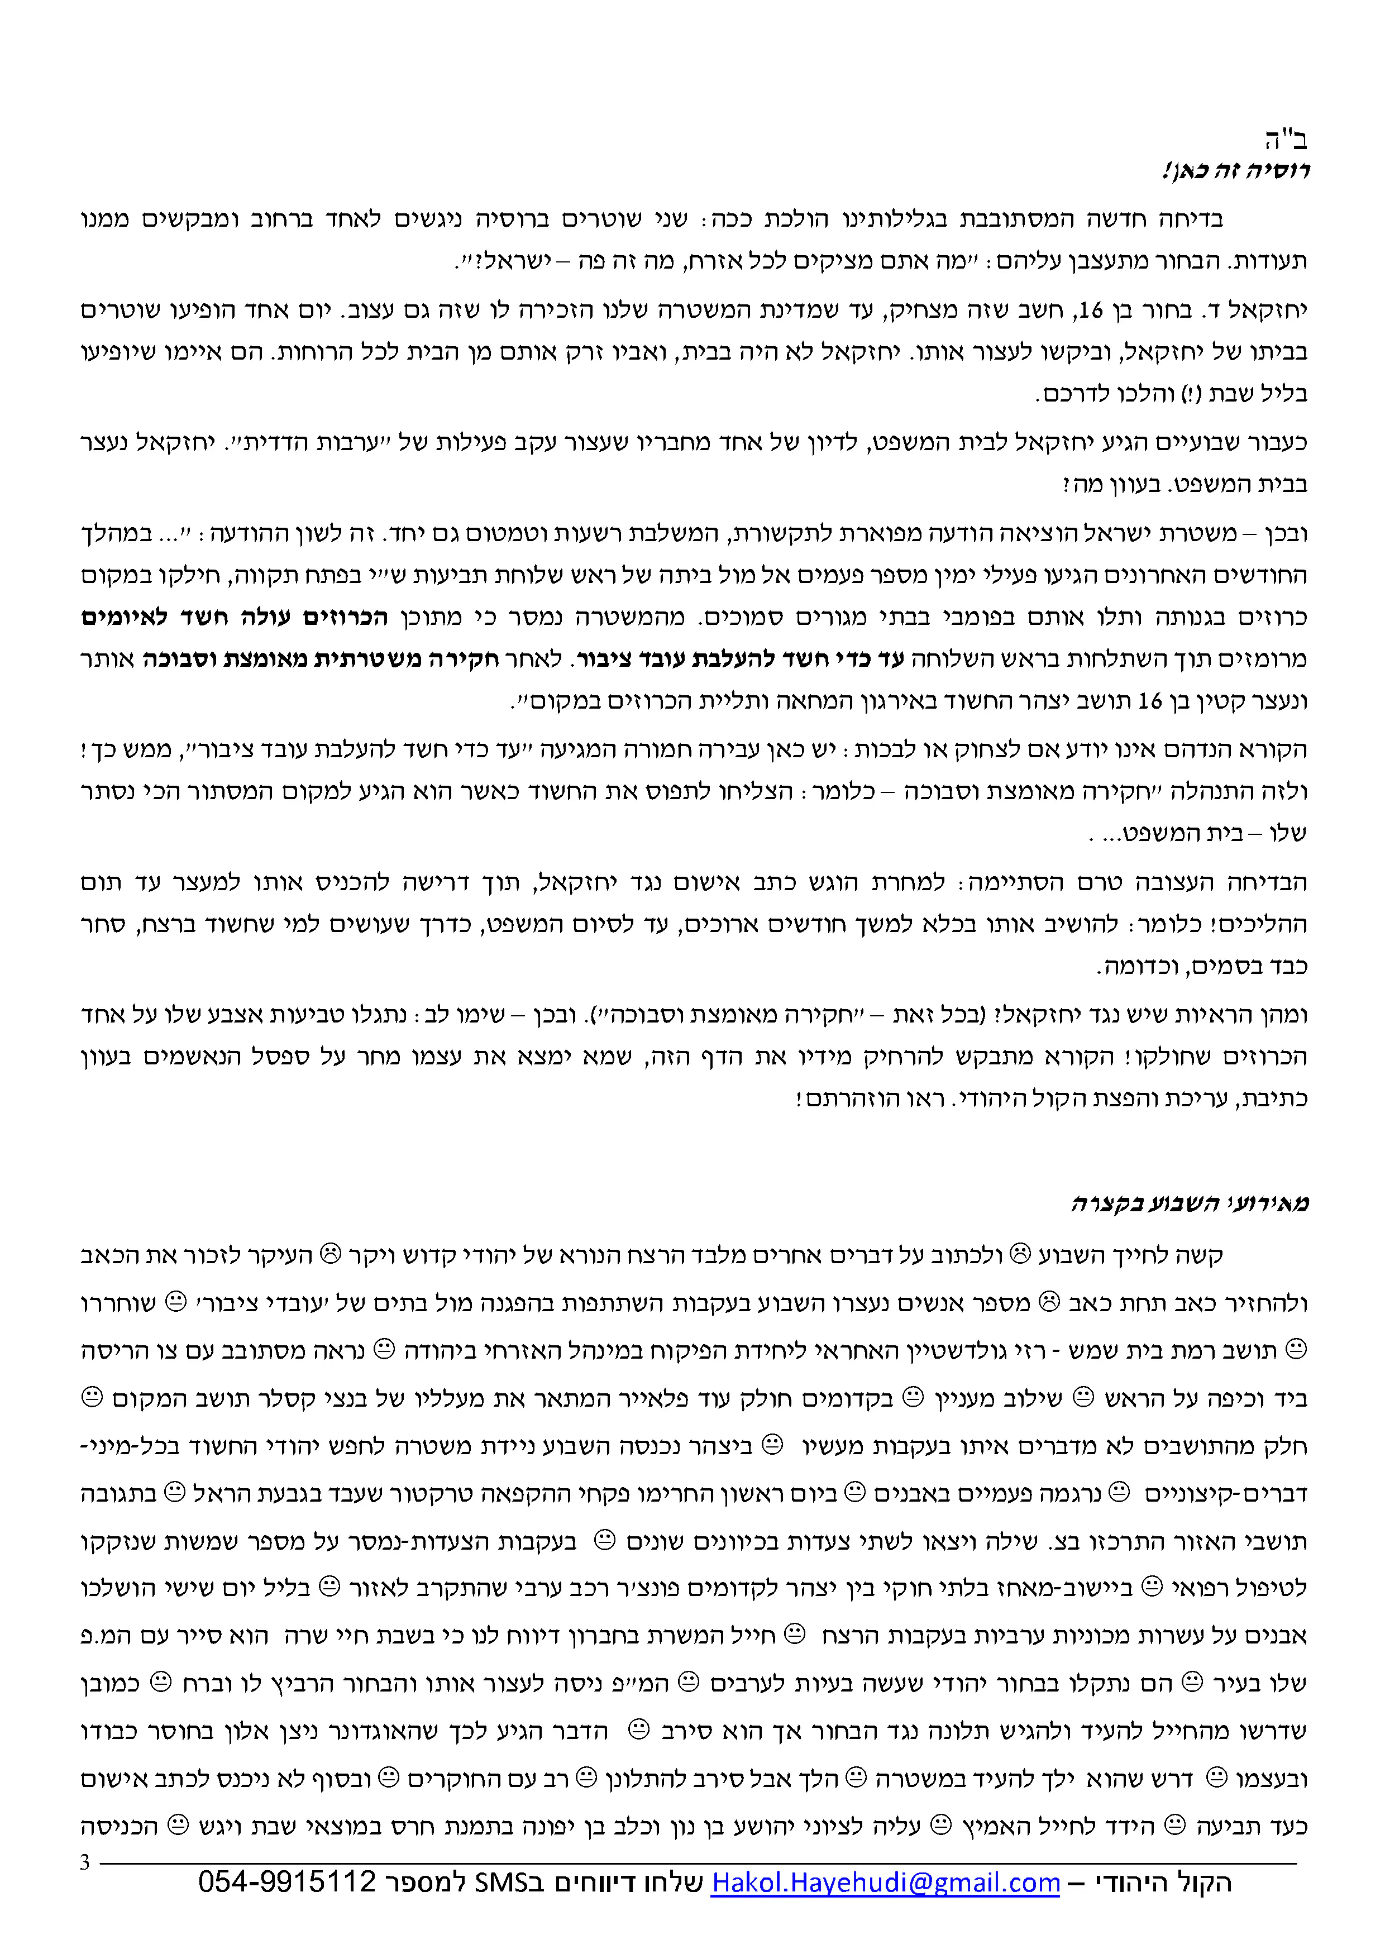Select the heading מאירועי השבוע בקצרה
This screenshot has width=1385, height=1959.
1191,1204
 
